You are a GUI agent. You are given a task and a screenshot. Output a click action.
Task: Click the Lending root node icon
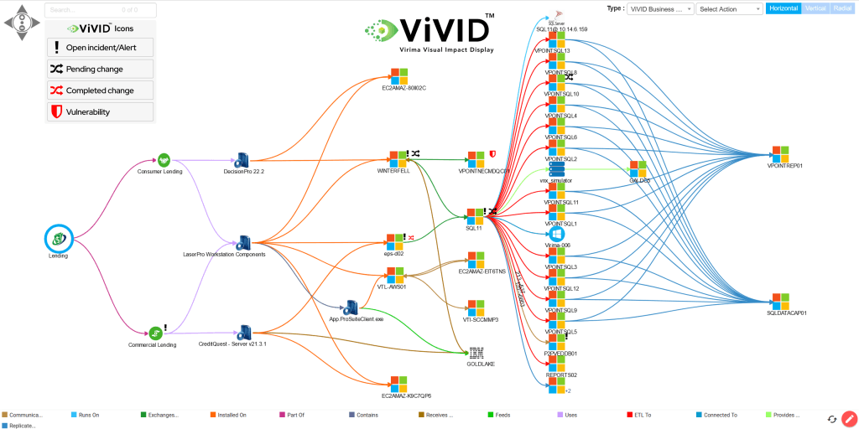click(x=59, y=239)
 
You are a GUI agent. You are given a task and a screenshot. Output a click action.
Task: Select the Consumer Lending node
click(x=164, y=159)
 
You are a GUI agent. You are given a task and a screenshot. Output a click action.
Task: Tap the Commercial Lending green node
click(x=155, y=333)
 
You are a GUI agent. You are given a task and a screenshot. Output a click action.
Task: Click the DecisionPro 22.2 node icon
click(x=243, y=159)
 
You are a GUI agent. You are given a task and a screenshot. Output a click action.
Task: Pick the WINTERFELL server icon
click(x=397, y=158)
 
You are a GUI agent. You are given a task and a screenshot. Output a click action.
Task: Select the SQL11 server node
click(x=476, y=216)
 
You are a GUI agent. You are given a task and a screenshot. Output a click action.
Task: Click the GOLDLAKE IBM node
click(x=476, y=354)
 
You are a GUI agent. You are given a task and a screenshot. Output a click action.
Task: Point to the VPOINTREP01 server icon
click(x=781, y=154)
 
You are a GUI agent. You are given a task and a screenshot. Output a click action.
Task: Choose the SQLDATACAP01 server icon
click(x=781, y=301)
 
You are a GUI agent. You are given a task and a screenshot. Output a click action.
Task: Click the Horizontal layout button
click(x=783, y=8)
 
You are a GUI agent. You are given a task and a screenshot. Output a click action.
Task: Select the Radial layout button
click(x=842, y=8)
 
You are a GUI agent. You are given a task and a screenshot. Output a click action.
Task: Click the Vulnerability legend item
click(x=101, y=111)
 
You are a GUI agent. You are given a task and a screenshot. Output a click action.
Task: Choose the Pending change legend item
click(x=101, y=69)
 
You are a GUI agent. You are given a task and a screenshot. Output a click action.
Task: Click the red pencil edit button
click(x=849, y=419)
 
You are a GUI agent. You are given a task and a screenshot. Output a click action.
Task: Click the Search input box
click(x=101, y=10)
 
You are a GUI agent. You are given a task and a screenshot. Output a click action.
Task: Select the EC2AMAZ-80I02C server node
click(x=399, y=75)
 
